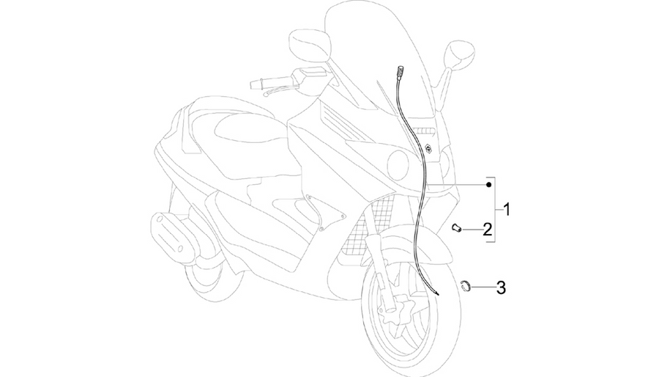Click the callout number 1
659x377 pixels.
pyautogui.click(x=507, y=209)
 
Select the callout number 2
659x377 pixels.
pyautogui.click(x=487, y=230)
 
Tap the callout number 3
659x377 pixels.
pyautogui.click(x=501, y=288)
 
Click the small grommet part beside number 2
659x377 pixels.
pyautogui.click(x=456, y=228)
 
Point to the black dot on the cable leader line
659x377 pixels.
pyautogui.click(x=488, y=185)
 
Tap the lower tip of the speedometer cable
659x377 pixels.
pyautogui.click(x=438, y=295)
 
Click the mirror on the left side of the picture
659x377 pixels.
pyautogui.click(x=310, y=45)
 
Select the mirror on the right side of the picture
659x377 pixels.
pyautogui.click(x=459, y=55)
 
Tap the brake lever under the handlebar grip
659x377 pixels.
pyautogui.click(x=280, y=89)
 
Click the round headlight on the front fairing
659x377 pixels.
pyautogui.click(x=398, y=165)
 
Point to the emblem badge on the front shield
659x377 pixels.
pyautogui.click(x=429, y=148)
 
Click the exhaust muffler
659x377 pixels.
pyautogui.click(x=171, y=235)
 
